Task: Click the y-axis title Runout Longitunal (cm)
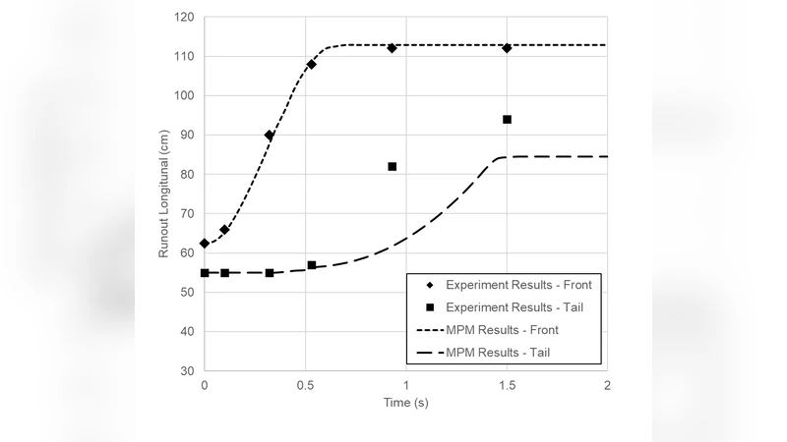point(164,194)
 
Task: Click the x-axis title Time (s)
point(405,403)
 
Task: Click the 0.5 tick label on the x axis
point(305,385)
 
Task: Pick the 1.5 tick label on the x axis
point(507,385)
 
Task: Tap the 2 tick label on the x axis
point(607,385)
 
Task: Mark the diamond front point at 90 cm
point(270,136)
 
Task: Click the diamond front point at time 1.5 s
point(507,48)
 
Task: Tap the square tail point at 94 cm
point(507,120)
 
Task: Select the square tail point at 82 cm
point(392,167)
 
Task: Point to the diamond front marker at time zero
point(205,244)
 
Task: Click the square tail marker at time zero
point(205,273)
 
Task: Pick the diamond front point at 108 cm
point(312,65)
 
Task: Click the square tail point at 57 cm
point(312,265)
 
